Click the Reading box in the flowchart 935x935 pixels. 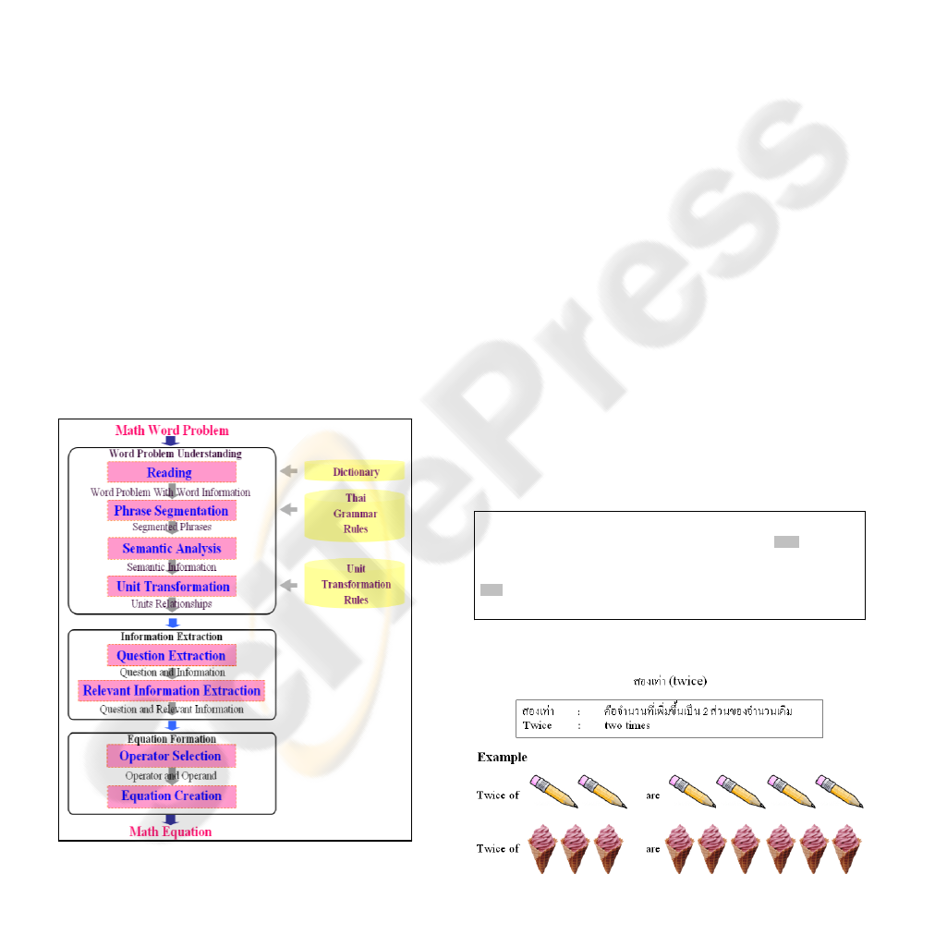[x=171, y=472]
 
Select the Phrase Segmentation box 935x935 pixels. [x=171, y=510]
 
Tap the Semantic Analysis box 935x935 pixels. [x=171, y=548]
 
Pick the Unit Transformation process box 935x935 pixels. [x=171, y=586]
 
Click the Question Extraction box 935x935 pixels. [x=171, y=656]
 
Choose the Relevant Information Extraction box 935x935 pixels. [x=171, y=690]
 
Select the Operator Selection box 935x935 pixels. [x=171, y=756]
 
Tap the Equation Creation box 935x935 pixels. [x=171, y=795]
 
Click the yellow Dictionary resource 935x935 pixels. [x=356, y=471]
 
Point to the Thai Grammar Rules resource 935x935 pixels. [x=356, y=514]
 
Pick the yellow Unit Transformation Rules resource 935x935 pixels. [x=356, y=584]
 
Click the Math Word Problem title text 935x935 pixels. [x=172, y=430]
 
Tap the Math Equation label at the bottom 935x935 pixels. [x=170, y=832]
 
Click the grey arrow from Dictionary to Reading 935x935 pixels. [x=289, y=471]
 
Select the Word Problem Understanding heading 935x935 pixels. [x=175, y=454]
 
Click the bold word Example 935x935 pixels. [x=502, y=758]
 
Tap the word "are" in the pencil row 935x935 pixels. [x=653, y=795]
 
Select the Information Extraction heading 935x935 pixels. [x=171, y=637]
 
